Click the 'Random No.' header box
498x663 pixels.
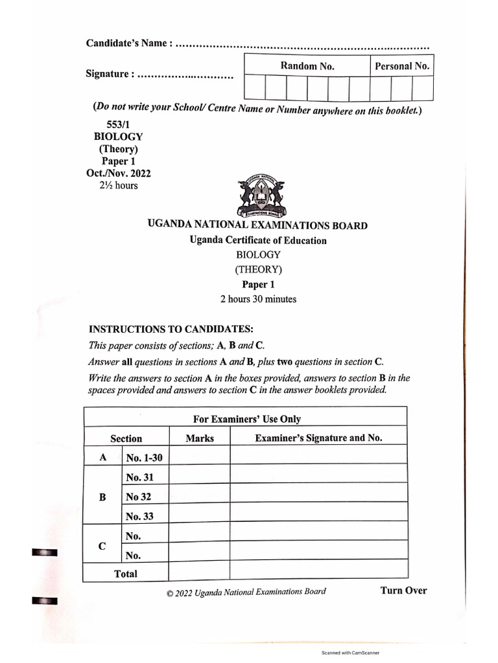pyautogui.click(x=307, y=65)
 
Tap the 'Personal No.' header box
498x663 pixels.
pyautogui.click(x=402, y=65)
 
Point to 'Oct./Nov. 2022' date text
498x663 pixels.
pyautogui.click(x=119, y=174)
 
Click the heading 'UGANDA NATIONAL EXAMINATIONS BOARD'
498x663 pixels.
pyautogui.click(x=257, y=226)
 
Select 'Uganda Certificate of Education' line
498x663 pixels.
pyautogui.click(x=258, y=241)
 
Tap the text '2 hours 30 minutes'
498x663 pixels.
pyautogui.click(x=258, y=299)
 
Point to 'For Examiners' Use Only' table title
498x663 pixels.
pyautogui.click(x=247, y=419)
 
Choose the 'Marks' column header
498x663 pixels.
pyautogui.click(x=199, y=438)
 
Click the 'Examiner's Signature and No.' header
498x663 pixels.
pyautogui.click(x=318, y=438)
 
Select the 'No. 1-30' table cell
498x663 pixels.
pyautogui.click(x=145, y=458)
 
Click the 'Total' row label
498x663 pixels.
pyautogui.click(x=126, y=574)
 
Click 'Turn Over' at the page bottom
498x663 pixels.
pyautogui.click(x=403, y=590)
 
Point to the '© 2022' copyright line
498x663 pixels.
pyautogui.click(x=246, y=592)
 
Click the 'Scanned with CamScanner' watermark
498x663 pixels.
pyautogui.click(x=350, y=653)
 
